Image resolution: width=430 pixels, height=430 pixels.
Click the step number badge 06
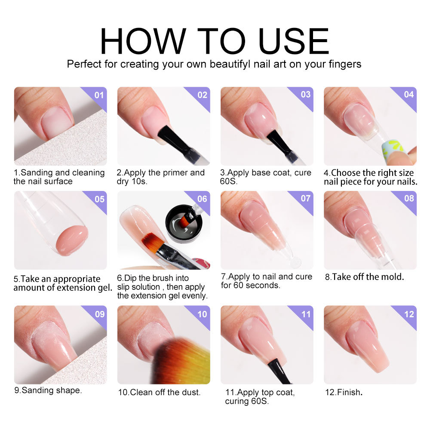click(202, 199)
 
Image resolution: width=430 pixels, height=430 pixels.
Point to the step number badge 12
click(409, 314)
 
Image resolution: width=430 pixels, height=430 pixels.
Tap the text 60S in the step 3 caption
click(232, 181)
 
